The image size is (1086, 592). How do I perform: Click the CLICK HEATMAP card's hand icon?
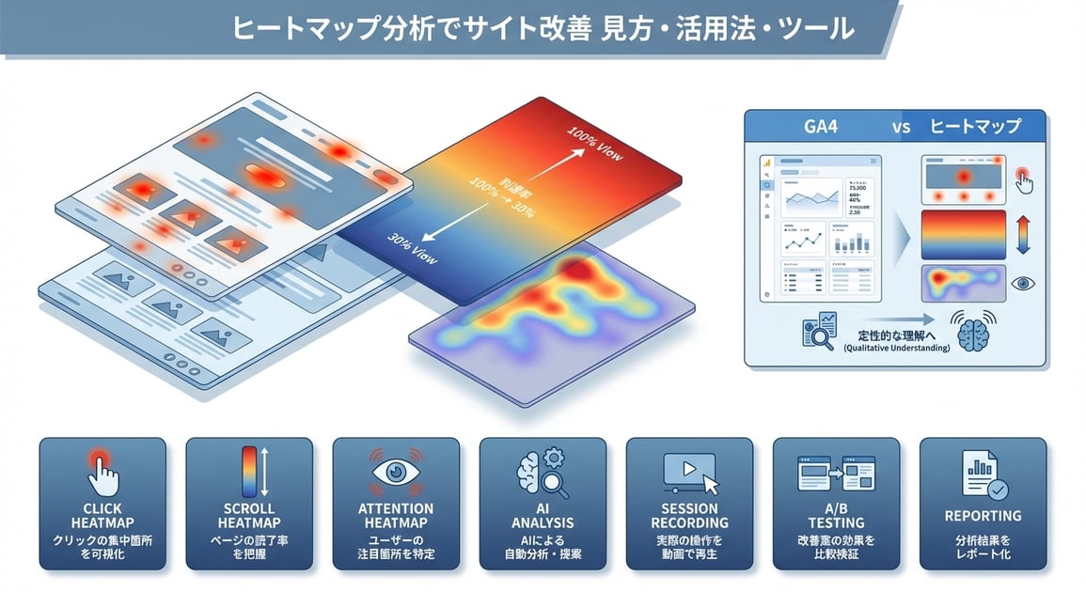102,470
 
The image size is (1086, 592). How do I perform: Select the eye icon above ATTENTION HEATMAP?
396,471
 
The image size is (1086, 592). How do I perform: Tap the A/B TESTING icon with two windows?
836,472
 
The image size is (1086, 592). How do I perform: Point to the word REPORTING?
984,516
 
